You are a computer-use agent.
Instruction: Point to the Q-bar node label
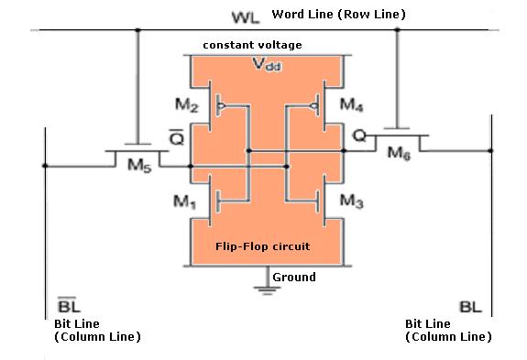[x=178, y=137]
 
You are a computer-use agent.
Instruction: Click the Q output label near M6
[x=359, y=136]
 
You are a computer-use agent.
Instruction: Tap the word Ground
[x=294, y=278]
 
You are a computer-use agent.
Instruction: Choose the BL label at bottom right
[x=467, y=309]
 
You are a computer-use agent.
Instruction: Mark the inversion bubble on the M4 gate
[x=313, y=106]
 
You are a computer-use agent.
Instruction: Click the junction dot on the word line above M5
[x=137, y=30]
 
